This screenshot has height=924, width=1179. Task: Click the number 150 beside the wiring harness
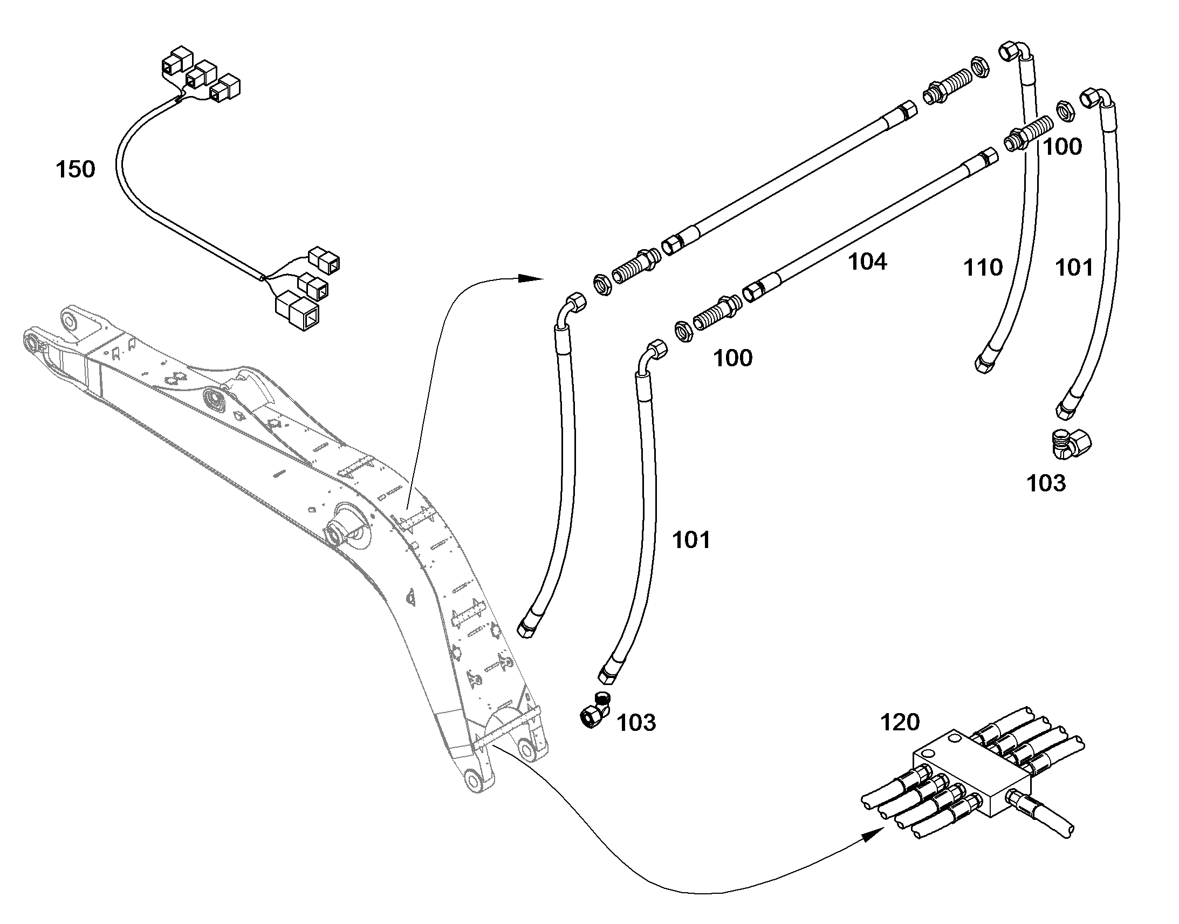pyautogui.click(x=75, y=169)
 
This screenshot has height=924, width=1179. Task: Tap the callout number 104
pyautogui.click(x=867, y=262)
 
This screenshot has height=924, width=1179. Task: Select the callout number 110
pyautogui.click(x=983, y=268)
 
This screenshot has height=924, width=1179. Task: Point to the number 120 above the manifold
pyautogui.click(x=900, y=722)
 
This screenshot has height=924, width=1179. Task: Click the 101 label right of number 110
pyautogui.click(x=1074, y=268)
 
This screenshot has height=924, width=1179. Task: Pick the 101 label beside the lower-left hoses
pyautogui.click(x=691, y=540)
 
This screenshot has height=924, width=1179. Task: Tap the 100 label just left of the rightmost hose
pyautogui.click(x=1062, y=147)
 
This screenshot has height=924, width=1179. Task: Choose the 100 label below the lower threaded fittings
pyautogui.click(x=733, y=358)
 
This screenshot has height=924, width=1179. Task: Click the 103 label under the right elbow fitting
pyautogui.click(x=1046, y=483)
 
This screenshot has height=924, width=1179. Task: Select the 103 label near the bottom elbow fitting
pyautogui.click(x=636, y=723)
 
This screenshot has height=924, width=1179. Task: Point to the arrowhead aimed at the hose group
pyautogui.click(x=530, y=279)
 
